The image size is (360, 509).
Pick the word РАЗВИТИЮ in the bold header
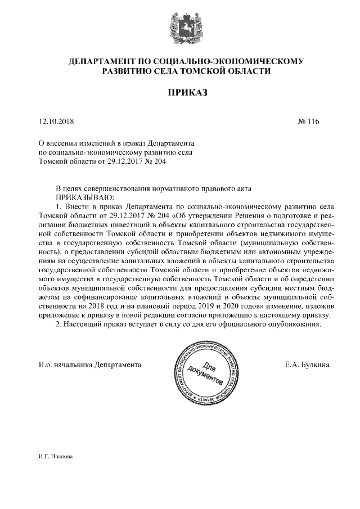pyautogui.click(x=128, y=71)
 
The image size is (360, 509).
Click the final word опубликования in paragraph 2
pyautogui.click(x=296, y=325)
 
